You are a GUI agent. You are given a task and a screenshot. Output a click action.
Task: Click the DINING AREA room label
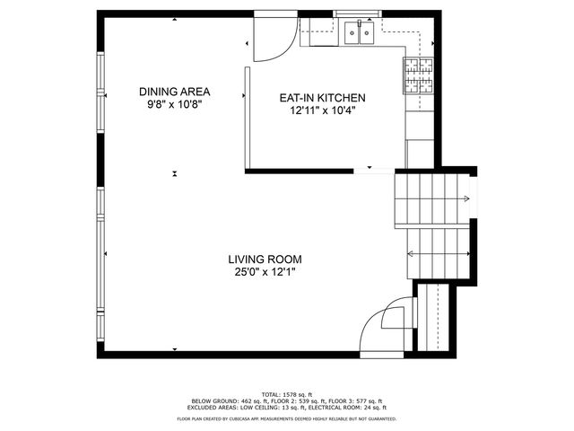point(174,92)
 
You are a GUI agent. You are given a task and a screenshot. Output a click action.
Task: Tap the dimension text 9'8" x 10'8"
point(174,105)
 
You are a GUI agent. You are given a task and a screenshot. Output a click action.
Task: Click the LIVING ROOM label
point(263,259)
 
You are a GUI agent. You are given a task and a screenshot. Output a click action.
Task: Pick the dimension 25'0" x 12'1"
point(263,273)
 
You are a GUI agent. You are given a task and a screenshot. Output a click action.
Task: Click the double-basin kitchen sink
point(361,34)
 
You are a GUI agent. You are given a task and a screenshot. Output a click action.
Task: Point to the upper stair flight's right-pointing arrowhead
point(466,199)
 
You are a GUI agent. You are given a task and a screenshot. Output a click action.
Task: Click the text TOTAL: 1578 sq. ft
point(286,394)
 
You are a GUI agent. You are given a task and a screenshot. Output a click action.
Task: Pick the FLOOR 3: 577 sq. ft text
point(359,400)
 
